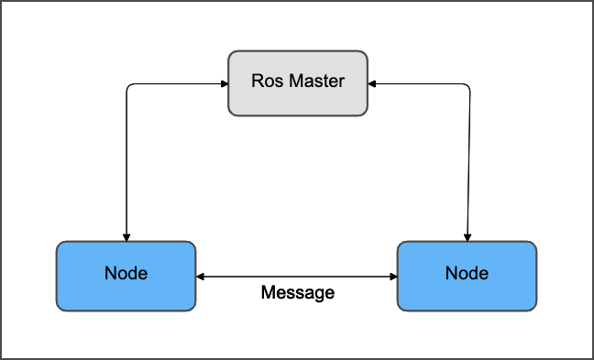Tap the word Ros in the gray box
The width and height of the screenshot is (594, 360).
(266, 82)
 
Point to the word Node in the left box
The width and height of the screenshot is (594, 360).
(126, 274)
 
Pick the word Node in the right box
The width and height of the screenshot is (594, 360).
(467, 274)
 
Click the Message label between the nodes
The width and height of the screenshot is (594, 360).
(297, 293)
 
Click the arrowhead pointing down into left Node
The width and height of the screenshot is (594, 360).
(126, 236)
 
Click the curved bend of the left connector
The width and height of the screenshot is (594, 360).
(127, 87)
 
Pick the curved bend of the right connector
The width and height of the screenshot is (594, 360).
(467, 87)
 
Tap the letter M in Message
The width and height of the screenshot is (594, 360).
(268, 293)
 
